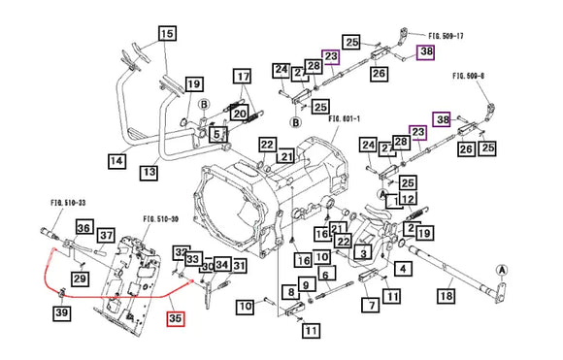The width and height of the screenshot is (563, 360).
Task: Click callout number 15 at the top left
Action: [167, 34]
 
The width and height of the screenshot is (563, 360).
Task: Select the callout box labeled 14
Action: [116, 160]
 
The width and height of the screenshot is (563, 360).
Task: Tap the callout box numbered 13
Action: [149, 172]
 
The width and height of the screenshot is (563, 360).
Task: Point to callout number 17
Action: [241, 76]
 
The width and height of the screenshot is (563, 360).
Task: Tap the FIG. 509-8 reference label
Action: [476, 73]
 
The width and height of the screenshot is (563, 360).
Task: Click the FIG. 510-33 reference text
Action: [68, 204]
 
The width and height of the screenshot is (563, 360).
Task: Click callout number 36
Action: [83, 228]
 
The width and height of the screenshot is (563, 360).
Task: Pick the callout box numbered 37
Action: [105, 235]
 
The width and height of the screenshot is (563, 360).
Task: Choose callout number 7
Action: [372, 305]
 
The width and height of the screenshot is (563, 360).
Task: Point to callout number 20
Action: [239, 112]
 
